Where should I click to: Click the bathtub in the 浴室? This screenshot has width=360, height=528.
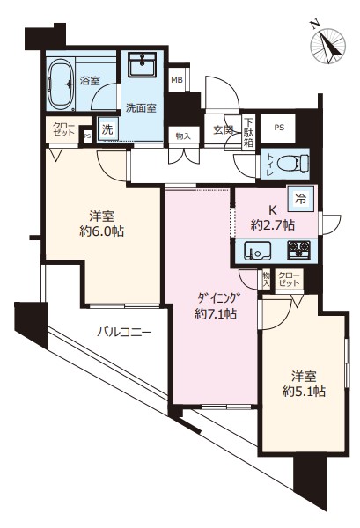point(61,84)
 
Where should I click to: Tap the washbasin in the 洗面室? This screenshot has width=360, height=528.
point(142,64)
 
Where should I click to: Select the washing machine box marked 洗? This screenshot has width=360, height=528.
point(107,129)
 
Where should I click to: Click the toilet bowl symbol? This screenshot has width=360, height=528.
point(292,164)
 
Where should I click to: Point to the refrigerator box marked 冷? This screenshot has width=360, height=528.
point(301,199)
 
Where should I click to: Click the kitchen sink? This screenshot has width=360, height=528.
point(258,251)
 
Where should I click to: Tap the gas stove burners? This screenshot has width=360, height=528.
point(298,250)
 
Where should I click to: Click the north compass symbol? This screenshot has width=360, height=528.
point(328,45)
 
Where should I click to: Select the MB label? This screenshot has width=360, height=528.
point(177,80)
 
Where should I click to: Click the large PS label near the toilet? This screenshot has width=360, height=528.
point(279,128)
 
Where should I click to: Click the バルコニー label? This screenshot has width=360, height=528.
point(125,333)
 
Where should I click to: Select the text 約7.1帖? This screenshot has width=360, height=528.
point(216,314)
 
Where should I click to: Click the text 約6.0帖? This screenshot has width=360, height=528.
point(102,231)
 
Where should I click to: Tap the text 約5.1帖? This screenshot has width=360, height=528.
point(304,392)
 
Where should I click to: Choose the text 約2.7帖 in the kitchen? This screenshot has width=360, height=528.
point(273,224)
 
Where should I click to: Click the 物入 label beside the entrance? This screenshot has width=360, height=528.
point(184,136)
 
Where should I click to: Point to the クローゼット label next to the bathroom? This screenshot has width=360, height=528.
point(63,129)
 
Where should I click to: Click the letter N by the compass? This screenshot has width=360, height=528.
point(315,25)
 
